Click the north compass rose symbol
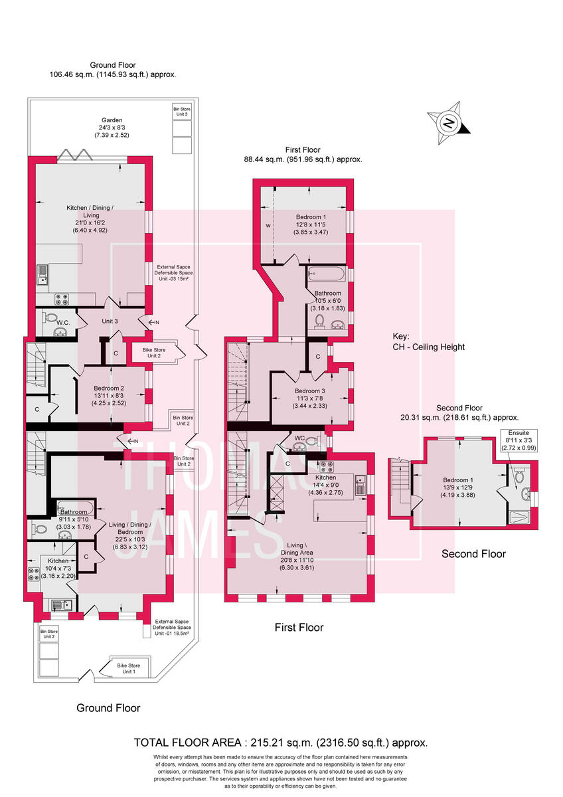[449, 123]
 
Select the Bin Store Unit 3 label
[181, 111]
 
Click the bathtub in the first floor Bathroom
[325, 273]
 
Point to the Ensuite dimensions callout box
[520, 440]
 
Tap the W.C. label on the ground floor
[64, 323]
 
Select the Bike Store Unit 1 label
[128, 667]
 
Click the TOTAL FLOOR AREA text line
[281, 743]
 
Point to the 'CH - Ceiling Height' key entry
[428, 347]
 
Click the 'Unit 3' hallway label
[110, 321]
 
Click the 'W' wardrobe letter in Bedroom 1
[268, 226]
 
